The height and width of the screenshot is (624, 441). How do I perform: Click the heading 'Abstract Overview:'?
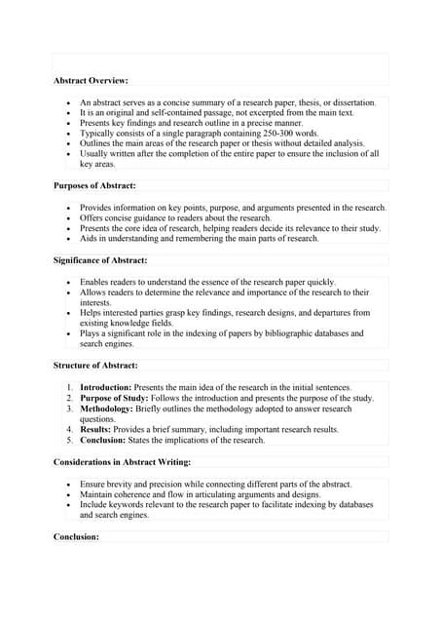click(x=91, y=80)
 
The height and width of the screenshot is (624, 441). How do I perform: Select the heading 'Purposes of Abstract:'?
click(x=94, y=185)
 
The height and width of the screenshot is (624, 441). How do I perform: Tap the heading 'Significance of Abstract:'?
click(x=100, y=260)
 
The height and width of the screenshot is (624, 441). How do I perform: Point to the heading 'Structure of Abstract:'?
click(x=95, y=365)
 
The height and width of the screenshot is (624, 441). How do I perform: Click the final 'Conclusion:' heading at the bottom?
click(x=76, y=536)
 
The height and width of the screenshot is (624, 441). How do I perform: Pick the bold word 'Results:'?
click(x=98, y=429)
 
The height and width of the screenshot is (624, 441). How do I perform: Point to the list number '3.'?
click(x=70, y=409)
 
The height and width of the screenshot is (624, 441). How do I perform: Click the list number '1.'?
click(x=70, y=387)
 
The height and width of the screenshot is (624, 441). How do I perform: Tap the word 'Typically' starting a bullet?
click(x=98, y=133)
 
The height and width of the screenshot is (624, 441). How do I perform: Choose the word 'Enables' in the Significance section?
click(x=96, y=282)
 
